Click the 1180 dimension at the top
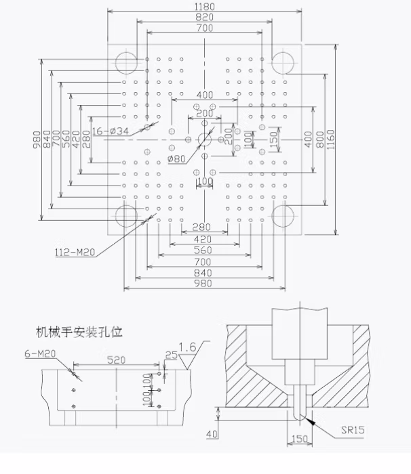tap(204, 6)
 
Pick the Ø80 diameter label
tap(178, 160)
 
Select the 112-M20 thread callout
tap(75, 252)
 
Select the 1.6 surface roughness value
tap(187, 347)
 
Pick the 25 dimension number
tap(170, 354)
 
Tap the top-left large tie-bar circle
tap(126, 62)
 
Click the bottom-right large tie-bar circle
tap(283, 216)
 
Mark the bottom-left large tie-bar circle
tap(126, 216)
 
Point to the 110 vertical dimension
tap(249, 139)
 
